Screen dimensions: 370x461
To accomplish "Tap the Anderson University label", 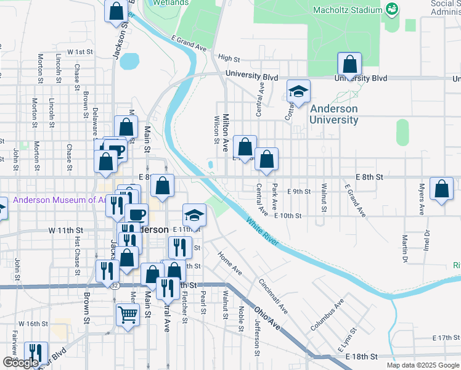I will [333, 114].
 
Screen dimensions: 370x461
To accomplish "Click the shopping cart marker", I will [128, 314].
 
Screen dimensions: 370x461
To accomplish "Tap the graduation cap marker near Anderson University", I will [298, 92].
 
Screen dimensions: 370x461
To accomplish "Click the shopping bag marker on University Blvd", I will [349, 65].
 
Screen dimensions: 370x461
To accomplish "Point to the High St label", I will [229, 59].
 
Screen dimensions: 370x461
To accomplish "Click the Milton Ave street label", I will [226, 133].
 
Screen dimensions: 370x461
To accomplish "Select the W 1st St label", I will [80, 52].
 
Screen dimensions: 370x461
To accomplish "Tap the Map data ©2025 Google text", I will [422, 365].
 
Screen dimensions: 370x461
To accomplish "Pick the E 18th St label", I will [361, 357].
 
